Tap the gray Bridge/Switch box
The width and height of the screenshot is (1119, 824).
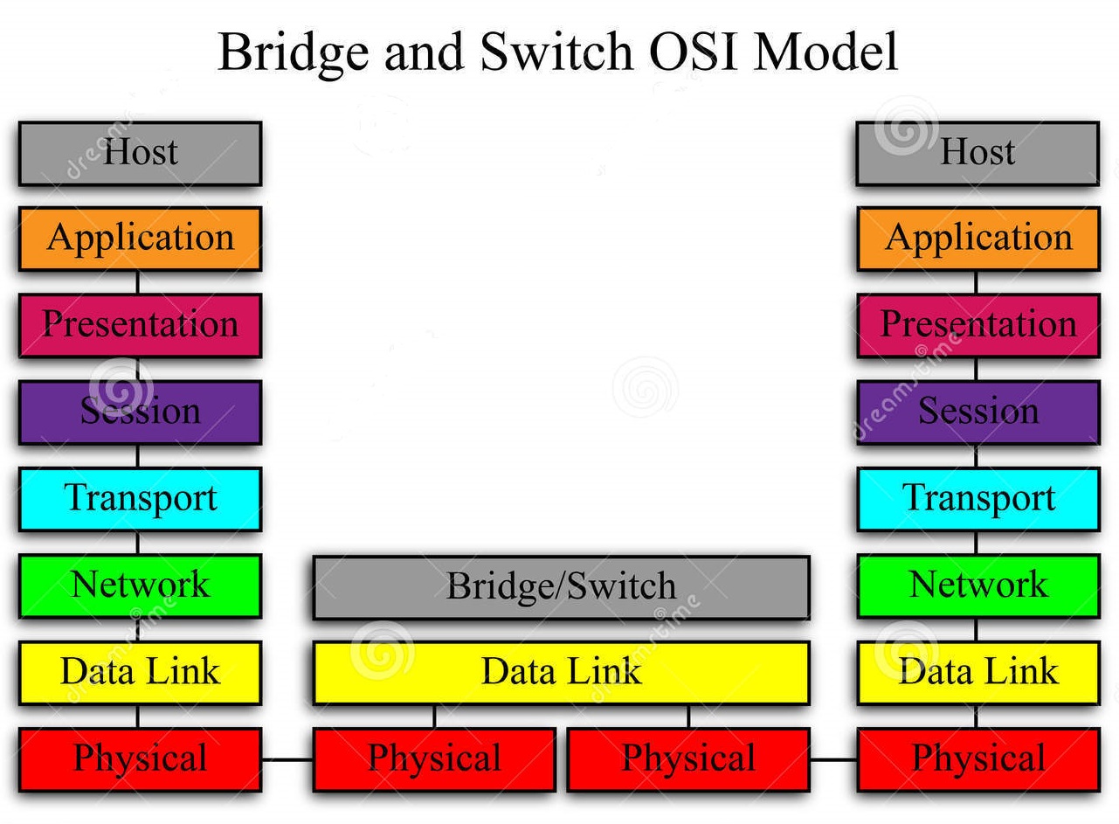[561, 587]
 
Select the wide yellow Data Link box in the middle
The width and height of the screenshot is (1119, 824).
[561, 673]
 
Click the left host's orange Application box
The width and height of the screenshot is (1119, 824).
[140, 239]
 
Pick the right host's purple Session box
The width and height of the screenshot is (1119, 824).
[977, 412]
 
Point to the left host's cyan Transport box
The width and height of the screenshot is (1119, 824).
[140, 499]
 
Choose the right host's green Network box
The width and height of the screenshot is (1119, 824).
[977, 585]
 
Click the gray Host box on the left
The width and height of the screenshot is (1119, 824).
[140, 153]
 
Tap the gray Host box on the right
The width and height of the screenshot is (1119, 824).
[977, 153]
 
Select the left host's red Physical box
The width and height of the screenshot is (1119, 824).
[140, 759]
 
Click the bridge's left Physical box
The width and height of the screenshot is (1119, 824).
[434, 759]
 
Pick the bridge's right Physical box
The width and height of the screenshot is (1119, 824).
[688, 759]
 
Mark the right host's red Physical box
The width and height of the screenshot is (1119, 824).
[977, 759]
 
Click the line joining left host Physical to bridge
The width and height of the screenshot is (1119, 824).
[287, 760]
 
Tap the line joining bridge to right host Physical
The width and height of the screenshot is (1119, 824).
[833, 760]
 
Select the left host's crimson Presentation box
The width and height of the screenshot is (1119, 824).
[140, 325]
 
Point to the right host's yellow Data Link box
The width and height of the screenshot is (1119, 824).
[977, 673]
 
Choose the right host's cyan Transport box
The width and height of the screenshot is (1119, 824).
[977, 499]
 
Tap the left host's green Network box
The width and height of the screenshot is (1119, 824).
[140, 585]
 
